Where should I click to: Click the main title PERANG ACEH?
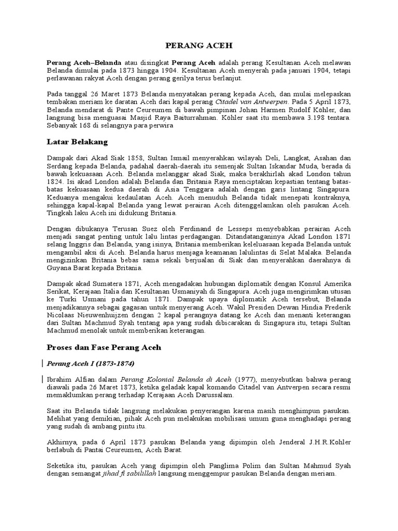coord(198,46)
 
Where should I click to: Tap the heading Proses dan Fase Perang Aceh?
coord(104,347)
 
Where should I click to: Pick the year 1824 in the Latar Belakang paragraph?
coord(54,184)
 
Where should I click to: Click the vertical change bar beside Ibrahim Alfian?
coord(42,380)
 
